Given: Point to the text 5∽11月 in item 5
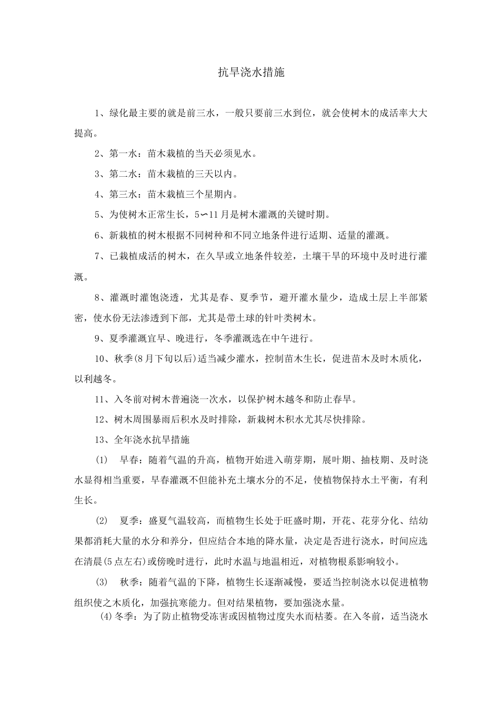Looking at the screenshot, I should click(x=211, y=214).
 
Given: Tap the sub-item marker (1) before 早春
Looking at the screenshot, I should click(x=101, y=460).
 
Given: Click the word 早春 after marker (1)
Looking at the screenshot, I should click(x=129, y=460).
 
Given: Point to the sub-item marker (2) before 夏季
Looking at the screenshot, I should click(x=101, y=521).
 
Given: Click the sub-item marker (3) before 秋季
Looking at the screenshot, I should click(x=101, y=582).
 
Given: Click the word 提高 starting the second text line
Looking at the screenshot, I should click(x=84, y=133).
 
